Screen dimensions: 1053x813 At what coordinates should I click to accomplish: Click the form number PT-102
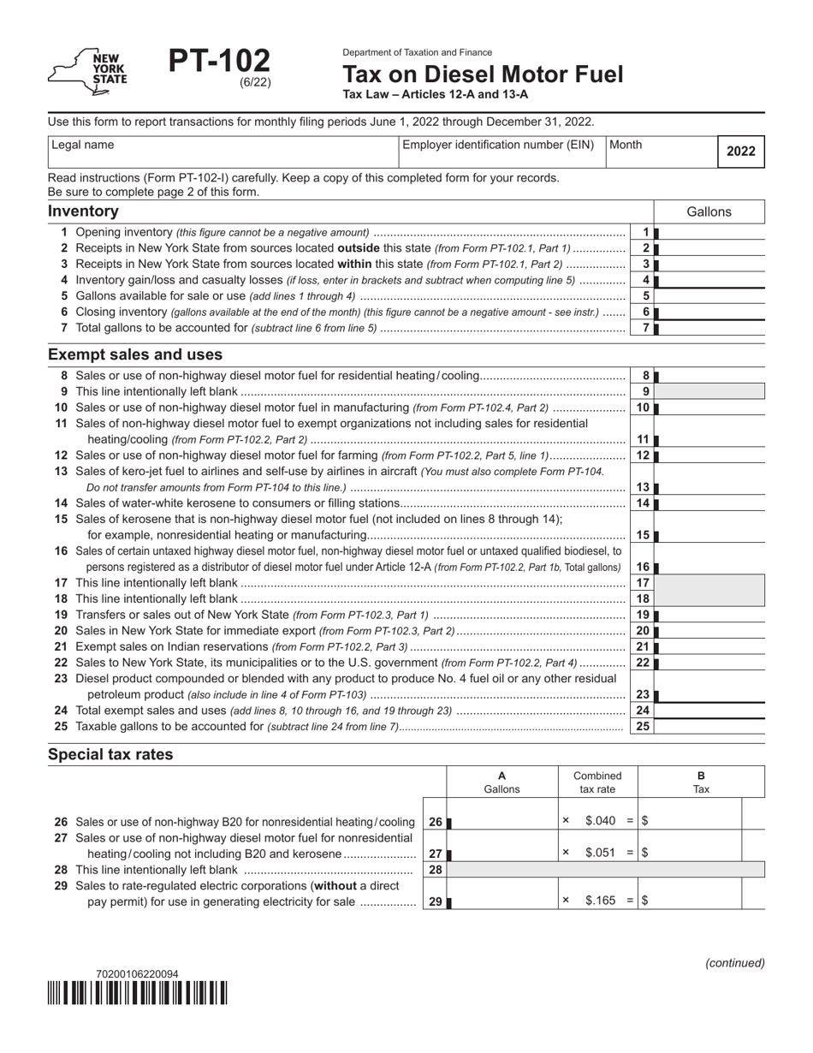click(x=219, y=62)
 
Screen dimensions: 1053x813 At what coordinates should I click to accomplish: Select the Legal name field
click(x=223, y=152)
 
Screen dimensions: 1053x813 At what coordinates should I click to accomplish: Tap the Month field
click(x=660, y=152)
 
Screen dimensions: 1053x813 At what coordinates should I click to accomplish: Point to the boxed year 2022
click(x=740, y=152)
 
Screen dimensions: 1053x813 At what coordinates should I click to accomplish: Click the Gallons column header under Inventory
click(x=709, y=212)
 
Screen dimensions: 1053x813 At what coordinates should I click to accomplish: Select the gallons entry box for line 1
click(x=710, y=232)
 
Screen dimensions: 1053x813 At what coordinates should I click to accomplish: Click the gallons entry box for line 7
click(x=710, y=328)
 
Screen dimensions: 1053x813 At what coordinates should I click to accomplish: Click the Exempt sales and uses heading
click(x=135, y=354)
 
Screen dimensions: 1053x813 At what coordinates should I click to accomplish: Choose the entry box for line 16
click(x=710, y=567)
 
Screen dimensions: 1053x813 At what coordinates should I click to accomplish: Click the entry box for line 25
click(x=710, y=726)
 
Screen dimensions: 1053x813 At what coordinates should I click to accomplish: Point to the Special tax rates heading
click(x=110, y=755)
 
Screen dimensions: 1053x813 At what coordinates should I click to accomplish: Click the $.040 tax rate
click(x=600, y=820)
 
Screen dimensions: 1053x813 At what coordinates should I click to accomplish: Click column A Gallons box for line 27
click(x=502, y=854)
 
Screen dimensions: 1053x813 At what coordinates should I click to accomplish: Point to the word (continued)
click(x=734, y=962)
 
